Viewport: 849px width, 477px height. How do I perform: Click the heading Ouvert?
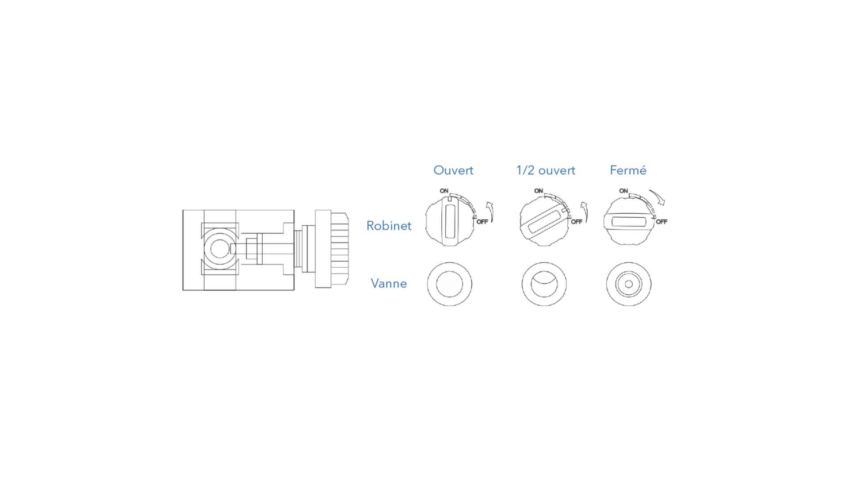453,170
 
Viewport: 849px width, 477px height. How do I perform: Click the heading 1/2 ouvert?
546,170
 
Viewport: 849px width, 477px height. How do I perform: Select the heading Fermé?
628,170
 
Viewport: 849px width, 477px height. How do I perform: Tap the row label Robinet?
389,226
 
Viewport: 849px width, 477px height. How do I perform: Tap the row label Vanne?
389,284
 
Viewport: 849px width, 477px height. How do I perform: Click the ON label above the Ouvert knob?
444,191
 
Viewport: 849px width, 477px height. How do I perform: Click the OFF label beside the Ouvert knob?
482,222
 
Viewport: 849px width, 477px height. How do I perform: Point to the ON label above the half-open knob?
539,191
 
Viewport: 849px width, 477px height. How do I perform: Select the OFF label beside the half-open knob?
577,222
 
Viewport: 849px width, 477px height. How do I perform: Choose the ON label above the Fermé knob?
623,191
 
